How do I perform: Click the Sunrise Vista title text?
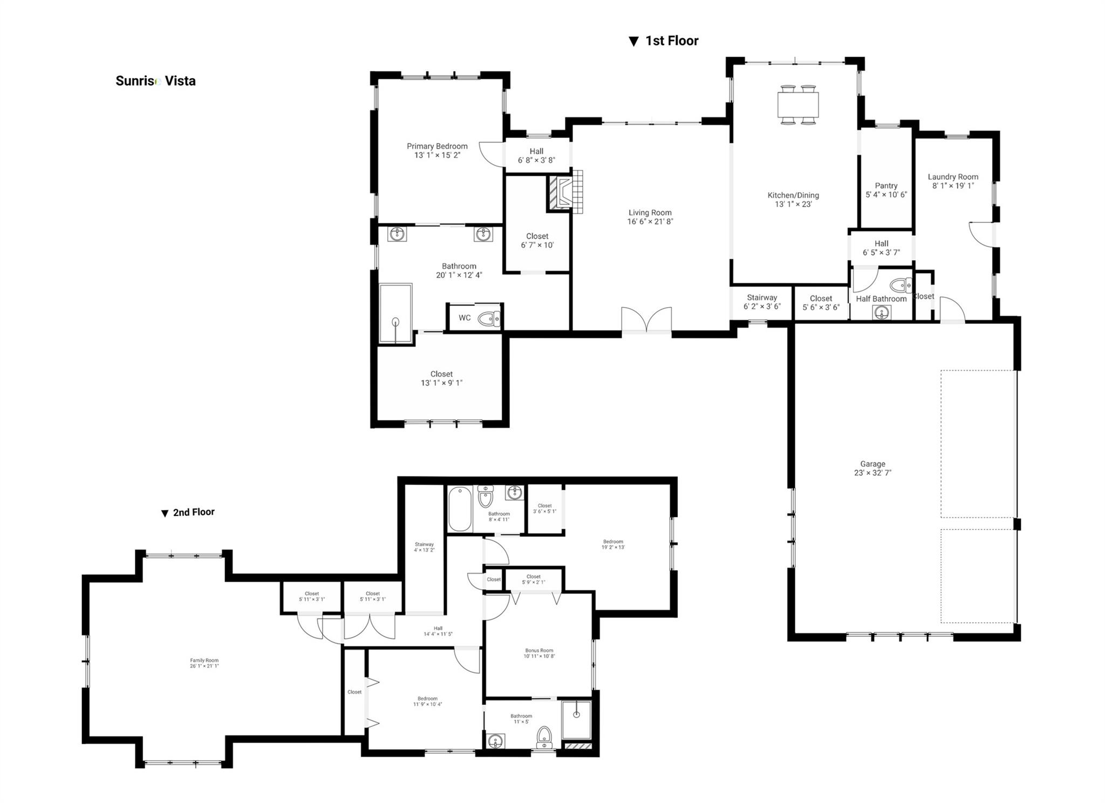pos(155,81)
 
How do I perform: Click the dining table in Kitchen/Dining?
pos(798,105)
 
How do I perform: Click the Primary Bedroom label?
pos(437,146)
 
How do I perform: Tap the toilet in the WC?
pos(489,318)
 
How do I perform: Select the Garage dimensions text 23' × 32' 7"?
pos(872,473)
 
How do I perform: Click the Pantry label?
pos(886,186)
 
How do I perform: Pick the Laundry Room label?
pos(953,177)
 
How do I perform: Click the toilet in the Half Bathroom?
pos(900,285)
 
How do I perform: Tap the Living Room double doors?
pos(646,321)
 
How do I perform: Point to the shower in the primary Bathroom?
pos(395,313)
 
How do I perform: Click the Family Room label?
pos(204,661)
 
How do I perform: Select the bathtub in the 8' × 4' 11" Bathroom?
pos(460,509)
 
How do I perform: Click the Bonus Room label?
pos(539,651)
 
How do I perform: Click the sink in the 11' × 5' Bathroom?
pos(496,740)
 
